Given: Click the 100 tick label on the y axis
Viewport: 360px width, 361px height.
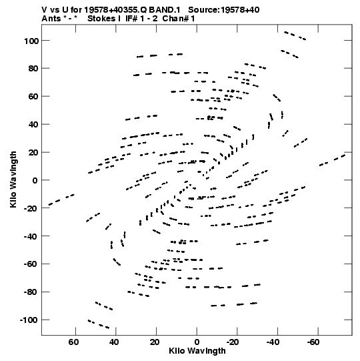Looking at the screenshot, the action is [31, 41].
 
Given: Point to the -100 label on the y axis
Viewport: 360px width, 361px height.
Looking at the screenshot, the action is [29, 320].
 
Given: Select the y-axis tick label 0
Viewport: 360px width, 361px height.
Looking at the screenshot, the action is [35, 180].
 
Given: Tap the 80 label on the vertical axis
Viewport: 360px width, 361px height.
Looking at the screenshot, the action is [33, 69].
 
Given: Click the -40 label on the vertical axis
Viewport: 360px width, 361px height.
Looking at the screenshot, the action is [31, 236].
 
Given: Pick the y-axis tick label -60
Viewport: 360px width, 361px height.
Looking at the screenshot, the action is [31, 264].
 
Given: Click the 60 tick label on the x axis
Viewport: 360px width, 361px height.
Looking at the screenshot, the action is [73, 342].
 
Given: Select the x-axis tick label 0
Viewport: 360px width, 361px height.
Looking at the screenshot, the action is [197, 342].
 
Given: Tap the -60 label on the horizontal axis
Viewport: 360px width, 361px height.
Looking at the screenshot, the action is [313, 342].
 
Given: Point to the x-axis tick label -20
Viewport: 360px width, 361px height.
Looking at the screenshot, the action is [232, 342].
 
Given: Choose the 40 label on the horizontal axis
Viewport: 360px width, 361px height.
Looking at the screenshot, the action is [114, 342].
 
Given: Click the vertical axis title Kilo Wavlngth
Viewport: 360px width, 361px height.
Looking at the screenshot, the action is [13, 179].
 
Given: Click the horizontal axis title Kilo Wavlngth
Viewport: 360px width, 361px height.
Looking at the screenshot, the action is [197, 351].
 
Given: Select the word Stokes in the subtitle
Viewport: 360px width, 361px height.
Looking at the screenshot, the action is [102, 19].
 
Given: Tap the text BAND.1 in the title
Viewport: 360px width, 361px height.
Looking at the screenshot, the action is [165, 10].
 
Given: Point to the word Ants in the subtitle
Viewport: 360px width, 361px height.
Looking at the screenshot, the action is [51, 19].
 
